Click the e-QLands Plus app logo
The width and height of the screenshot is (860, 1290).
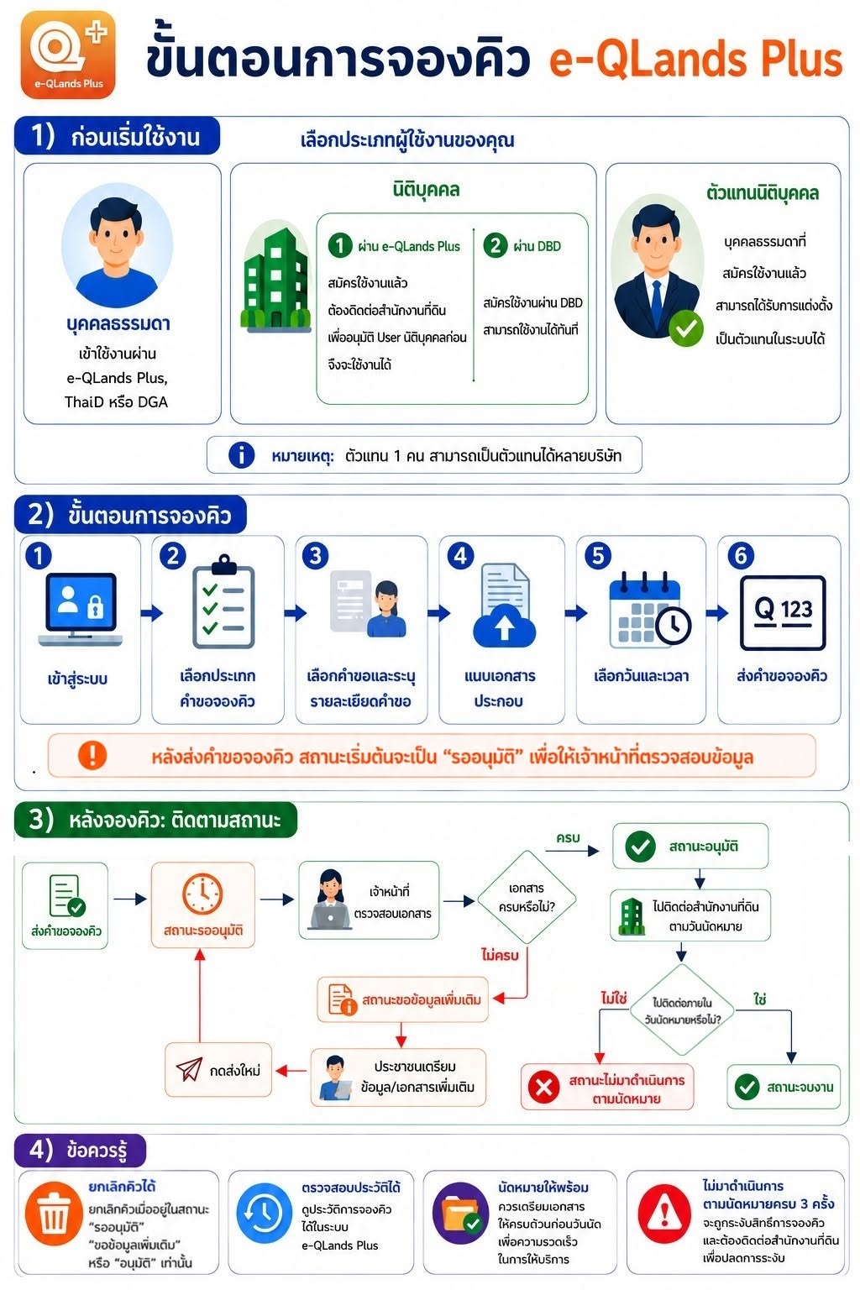coord(68,55)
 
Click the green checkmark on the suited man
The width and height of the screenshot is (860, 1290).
coord(685,328)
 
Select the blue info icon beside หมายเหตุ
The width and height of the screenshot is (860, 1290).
coord(241,455)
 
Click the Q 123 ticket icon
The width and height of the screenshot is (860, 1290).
coord(783,613)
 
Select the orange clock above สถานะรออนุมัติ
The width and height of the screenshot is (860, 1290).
coord(202,894)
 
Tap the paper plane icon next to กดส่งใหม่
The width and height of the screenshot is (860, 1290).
coord(189,1069)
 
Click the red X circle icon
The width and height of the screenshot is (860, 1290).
coord(543,1087)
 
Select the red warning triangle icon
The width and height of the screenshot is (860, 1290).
coord(664,1214)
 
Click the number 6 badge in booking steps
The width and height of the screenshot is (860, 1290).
coord(741,556)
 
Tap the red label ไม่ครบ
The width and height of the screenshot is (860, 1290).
coord(500,955)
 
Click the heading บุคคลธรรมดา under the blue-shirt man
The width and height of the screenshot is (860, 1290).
coord(118,323)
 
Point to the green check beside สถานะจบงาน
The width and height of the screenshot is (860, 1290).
coord(747,1087)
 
